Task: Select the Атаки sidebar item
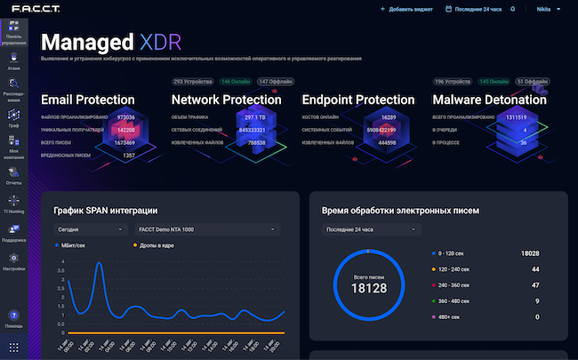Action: tap(13, 61)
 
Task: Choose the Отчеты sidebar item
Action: tap(13, 178)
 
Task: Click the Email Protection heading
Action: tap(88, 100)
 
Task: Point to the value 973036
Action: tap(126, 116)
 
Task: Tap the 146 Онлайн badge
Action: tap(235, 82)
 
